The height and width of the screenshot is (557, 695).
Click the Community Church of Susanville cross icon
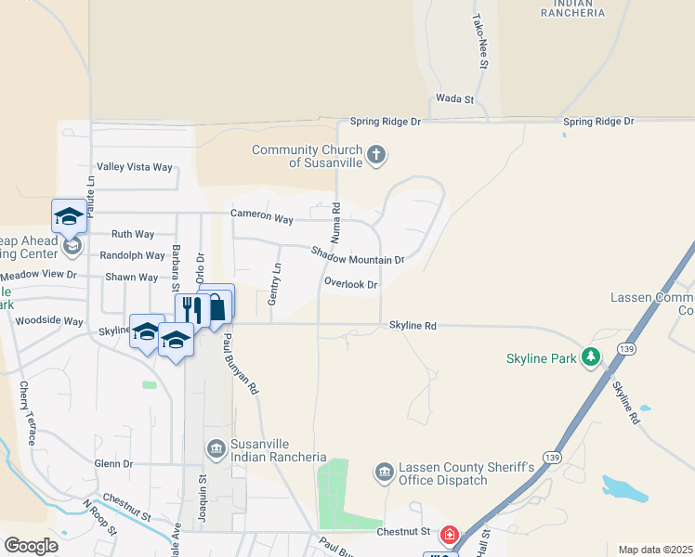pyautogui.click(x=376, y=154)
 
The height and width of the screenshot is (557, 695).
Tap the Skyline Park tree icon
pyautogui.click(x=590, y=357)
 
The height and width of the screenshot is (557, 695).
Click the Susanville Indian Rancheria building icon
pyautogui.click(x=216, y=450)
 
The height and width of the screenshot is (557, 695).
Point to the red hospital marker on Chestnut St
pyautogui.click(x=449, y=535)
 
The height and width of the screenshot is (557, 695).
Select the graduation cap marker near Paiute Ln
pyautogui.click(x=69, y=217)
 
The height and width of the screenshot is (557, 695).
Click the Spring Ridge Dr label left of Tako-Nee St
pyautogui.click(x=386, y=122)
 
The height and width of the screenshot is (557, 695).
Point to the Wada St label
pyautogui.click(x=455, y=98)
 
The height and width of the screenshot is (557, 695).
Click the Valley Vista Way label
pyautogui.click(x=136, y=167)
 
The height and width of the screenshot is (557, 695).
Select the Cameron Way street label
pyautogui.click(x=263, y=217)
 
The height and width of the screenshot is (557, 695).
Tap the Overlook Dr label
pyautogui.click(x=351, y=284)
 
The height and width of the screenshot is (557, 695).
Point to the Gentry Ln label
pyautogui.click(x=275, y=278)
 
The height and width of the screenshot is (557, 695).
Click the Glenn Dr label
pyautogui.click(x=114, y=463)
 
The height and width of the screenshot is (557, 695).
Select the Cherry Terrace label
pyautogui.click(x=26, y=413)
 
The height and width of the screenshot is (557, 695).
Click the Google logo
pyautogui.click(x=31, y=546)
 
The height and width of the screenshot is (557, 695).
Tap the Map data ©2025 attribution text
pyautogui.click(x=655, y=550)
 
